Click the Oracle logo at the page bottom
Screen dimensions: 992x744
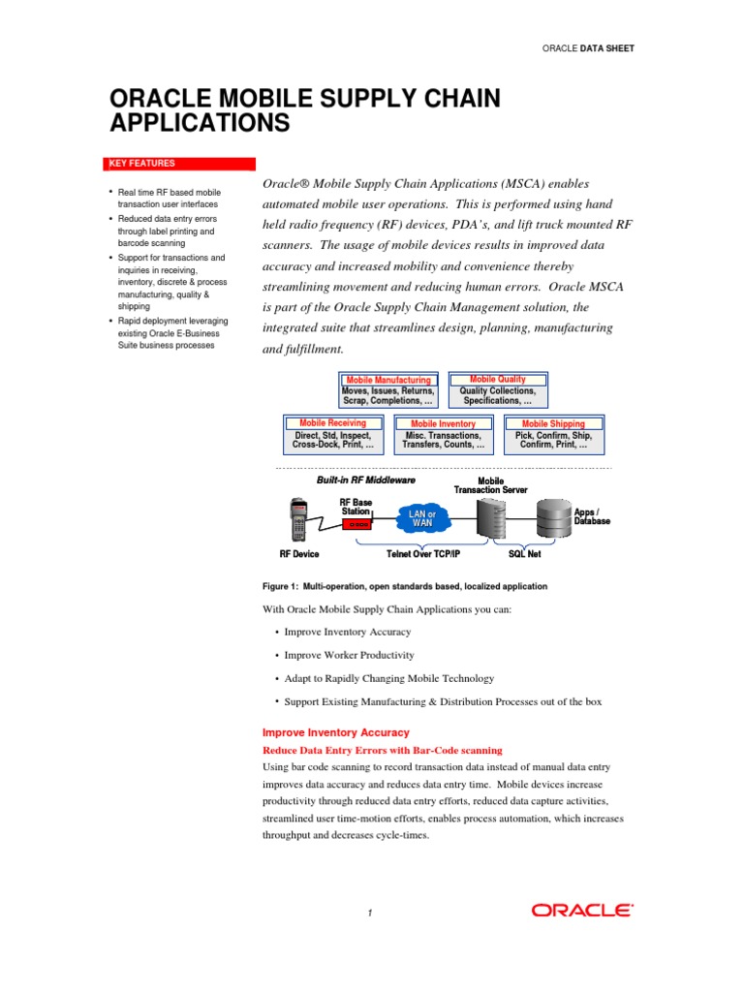[582, 910]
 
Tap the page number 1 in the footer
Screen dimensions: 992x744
[370, 913]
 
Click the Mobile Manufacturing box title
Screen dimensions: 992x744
[388, 381]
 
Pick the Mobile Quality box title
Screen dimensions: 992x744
[498, 380]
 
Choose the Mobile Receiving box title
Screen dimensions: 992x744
[332, 423]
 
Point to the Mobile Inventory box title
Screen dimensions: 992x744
[443, 423]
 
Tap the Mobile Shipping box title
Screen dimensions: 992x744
[554, 423]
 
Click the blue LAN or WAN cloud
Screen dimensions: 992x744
[423, 518]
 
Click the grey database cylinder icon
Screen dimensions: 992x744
[554, 520]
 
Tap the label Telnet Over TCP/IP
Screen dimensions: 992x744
[423, 554]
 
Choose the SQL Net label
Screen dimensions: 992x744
[525, 554]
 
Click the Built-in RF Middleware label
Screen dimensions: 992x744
[366, 480]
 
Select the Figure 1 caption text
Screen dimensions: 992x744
[405, 586]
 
